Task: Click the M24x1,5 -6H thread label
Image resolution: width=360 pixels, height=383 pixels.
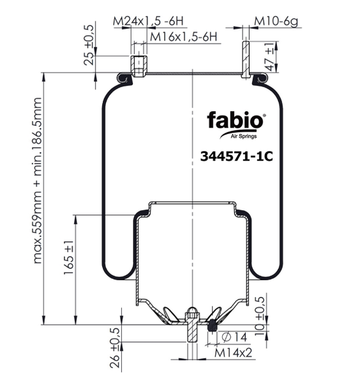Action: (148, 21)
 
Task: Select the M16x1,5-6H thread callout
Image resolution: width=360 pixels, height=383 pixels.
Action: (183, 37)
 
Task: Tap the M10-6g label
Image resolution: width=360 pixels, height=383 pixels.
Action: (276, 22)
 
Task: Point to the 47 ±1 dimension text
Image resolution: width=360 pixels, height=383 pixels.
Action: (271, 57)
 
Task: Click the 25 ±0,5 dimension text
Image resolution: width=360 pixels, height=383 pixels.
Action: (89, 45)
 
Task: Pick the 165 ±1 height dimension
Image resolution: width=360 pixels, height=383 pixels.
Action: (69, 257)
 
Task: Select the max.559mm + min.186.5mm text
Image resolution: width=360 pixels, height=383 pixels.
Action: (37, 181)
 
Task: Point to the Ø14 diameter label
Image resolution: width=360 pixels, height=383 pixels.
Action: (234, 337)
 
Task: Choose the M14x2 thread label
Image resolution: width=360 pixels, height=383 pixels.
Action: (233, 353)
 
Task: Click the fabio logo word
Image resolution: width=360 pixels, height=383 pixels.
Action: (235, 120)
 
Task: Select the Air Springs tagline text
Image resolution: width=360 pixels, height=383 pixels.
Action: (244, 137)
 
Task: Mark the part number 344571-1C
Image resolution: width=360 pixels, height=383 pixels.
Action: (236, 156)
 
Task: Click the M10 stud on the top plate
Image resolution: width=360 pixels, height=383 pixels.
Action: (246, 59)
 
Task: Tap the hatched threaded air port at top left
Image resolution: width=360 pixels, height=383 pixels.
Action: (139, 66)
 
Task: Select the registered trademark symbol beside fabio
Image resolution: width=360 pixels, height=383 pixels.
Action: (264, 115)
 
